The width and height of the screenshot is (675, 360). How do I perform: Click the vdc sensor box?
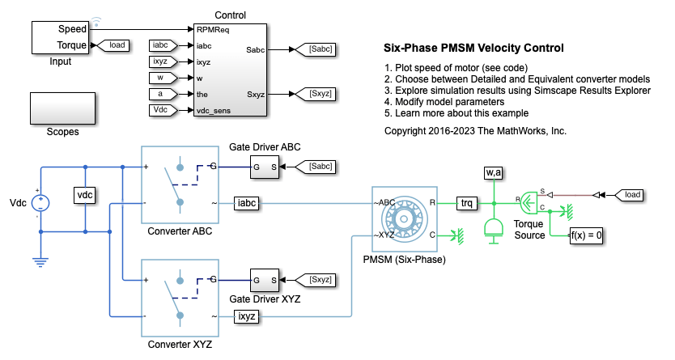click(85, 196)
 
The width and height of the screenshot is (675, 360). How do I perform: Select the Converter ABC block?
click(180, 183)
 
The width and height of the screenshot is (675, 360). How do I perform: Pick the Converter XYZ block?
click(180, 296)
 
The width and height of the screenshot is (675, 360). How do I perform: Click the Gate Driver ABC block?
click(264, 167)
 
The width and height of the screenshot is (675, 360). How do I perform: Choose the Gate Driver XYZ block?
click(264, 280)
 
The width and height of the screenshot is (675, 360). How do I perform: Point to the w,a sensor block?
click(493, 173)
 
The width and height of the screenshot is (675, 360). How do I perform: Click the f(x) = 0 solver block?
click(587, 237)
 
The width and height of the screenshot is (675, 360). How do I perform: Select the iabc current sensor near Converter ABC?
click(248, 202)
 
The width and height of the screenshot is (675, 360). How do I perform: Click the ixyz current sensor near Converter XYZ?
click(248, 316)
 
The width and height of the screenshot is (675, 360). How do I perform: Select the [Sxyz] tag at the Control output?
click(317, 95)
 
